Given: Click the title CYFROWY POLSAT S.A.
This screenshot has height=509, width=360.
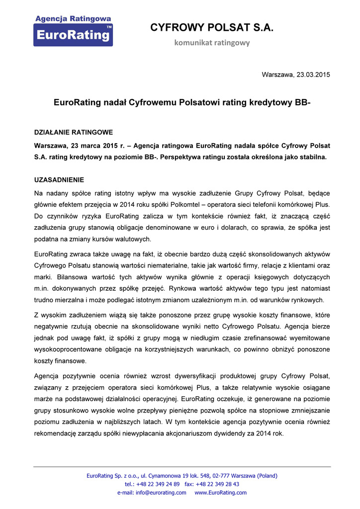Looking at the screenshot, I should pyautogui.click(x=212, y=28).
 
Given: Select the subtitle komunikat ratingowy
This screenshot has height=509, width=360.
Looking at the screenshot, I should pyautogui.click(x=212, y=43).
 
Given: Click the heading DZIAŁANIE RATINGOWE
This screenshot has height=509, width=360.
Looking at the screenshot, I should pyautogui.click(x=73, y=132).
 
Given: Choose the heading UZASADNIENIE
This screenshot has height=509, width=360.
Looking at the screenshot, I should pyautogui.click(x=59, y=179).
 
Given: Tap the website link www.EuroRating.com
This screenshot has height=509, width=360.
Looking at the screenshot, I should pyautogui.click(x=220, y=493).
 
